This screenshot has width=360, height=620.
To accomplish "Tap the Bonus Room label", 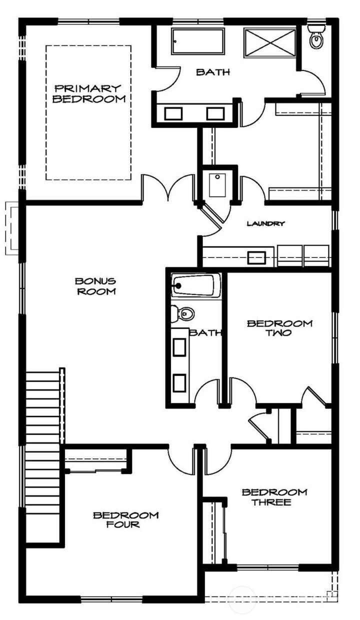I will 95,286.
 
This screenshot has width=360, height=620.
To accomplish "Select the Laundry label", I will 265,223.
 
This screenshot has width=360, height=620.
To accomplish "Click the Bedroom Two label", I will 279,328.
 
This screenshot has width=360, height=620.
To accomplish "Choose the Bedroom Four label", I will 125,520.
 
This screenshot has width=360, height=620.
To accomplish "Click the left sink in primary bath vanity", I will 173,113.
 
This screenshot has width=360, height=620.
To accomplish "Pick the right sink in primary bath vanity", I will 215,113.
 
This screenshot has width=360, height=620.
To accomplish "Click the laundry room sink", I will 256,257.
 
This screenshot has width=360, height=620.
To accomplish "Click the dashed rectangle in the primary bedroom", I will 88,112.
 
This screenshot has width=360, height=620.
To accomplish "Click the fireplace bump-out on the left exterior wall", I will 12,228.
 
